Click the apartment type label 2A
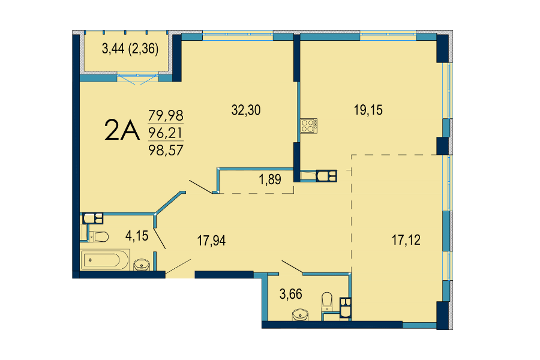coord(122,130)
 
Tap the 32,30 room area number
coord(246,110)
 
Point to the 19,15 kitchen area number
coord(368,110)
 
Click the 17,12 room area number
coord(406,240)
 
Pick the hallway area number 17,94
coord(211,241)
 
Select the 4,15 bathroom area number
coord(137,236)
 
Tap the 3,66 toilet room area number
coord(291,294)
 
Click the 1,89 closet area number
coord(270,179)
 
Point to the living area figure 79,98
coord(166,115)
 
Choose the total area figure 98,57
coord(166,150)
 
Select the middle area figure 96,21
coord(166,133)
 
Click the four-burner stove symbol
coord(308,126)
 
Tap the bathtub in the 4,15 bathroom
coord(105,260)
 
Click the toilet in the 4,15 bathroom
coord(98,236)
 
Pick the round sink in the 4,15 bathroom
coord(141,265)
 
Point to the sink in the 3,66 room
coord(301,315)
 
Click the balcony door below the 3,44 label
coord(138,78)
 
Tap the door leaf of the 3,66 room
coord(292,267)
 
